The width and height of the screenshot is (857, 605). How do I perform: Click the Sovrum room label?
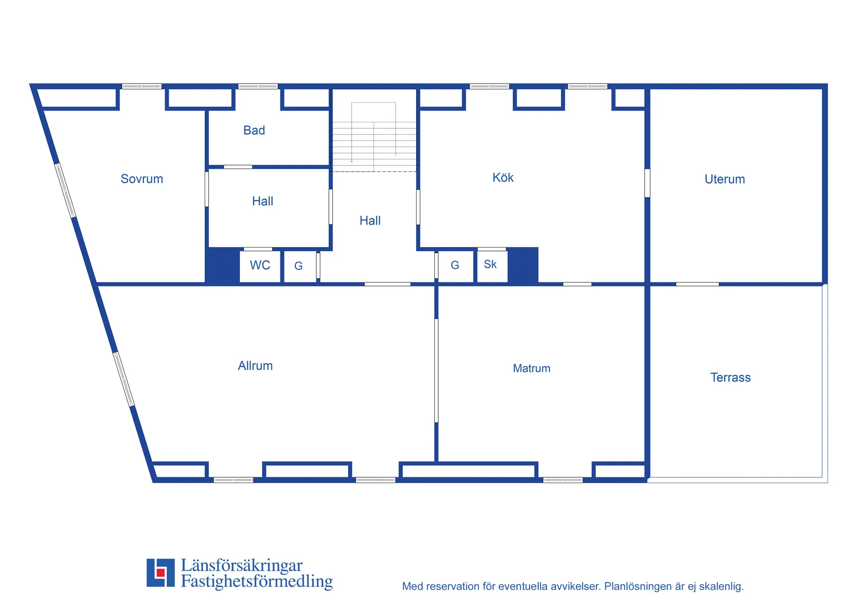coord(142,179)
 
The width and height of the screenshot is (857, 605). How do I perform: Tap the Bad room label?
coord(254,130)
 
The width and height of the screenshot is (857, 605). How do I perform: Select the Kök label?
coord(503,177)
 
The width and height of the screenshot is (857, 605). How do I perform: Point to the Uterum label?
coord(725,179)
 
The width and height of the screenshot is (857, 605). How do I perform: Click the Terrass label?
coord(730,378)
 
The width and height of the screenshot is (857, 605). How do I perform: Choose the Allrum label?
coord(255,366)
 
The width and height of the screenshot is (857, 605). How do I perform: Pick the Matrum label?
coord(531,368)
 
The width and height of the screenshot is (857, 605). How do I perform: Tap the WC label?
coord(260,265)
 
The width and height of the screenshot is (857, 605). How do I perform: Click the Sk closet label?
coord(490,264)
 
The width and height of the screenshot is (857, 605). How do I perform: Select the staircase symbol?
coord(374,137)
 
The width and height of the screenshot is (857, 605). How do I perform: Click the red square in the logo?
coord(160,573)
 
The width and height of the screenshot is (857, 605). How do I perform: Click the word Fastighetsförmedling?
coord(257,581)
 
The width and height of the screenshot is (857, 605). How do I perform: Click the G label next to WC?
coord(299,266)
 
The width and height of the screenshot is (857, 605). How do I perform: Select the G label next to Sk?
coord(455,265)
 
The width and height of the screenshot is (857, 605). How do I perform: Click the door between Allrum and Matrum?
coord(436,370)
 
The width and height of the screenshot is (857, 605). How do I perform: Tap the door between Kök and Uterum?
coord(647,183)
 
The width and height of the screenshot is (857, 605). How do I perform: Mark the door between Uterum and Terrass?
coord(698,284)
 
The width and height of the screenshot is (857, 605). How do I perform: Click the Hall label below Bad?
coord(262,201)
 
